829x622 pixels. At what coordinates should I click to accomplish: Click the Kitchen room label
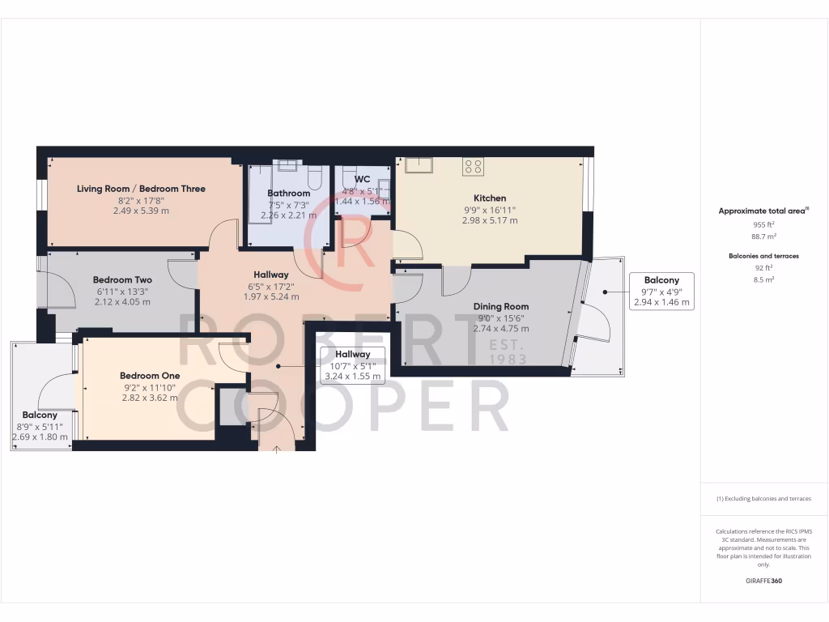[x=490, y=198]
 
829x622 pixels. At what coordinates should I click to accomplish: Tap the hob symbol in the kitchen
[x=473, y=167]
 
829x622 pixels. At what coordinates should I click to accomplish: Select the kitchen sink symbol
[x=419, y=165]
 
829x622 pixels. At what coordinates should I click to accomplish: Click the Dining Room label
[x=500, y=306]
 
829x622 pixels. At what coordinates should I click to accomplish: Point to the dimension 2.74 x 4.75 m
[x=500, y=329]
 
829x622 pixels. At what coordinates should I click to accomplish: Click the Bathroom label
[x=289, y=193]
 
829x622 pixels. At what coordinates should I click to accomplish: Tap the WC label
[x=362, y=178]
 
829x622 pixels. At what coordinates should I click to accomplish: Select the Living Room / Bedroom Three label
[x=141, y=189]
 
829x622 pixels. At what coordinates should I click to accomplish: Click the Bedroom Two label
[x=122, y=279]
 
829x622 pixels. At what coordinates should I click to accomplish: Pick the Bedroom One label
[x=150, y=376]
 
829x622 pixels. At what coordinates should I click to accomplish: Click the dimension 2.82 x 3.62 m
[x=150, y=398]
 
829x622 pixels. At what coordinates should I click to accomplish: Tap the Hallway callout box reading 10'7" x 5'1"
[x=352, y=365]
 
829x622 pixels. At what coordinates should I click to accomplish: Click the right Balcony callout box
[x=661, y=292]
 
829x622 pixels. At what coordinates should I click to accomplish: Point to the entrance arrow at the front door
[x=277, y=448]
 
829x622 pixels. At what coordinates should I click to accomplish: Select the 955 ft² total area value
[x=764, y=224]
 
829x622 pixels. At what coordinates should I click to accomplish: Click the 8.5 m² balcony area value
[x=764, y=279]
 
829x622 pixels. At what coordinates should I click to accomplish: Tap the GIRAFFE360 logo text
[x=764, y=581]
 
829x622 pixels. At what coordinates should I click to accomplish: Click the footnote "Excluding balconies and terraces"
[x=764, y=499]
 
